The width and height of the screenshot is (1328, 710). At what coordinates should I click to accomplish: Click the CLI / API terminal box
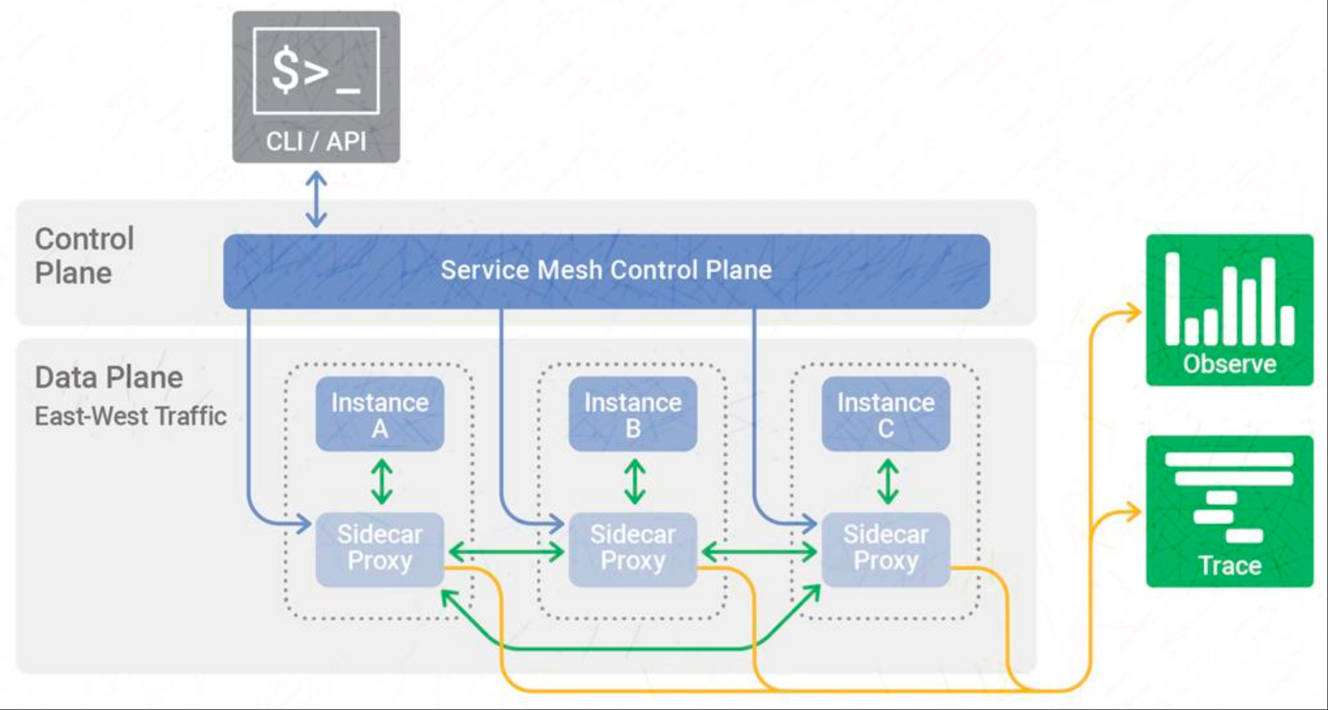[x=316, y=87]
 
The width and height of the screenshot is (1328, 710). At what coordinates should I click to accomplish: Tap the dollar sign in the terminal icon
[x=286, y=70]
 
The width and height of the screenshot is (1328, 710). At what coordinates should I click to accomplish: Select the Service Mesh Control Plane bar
[x=607, y=271]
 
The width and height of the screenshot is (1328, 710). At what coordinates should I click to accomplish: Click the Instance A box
[x=380, y=414]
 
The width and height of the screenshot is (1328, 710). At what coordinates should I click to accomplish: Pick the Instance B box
[x=633, y=414]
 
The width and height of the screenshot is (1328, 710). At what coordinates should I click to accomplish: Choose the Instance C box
[x=886, y=414]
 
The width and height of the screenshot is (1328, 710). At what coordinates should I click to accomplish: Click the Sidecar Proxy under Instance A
[x=380, y=549]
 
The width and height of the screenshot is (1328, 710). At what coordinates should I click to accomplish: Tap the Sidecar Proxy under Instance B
[x=633, y=549]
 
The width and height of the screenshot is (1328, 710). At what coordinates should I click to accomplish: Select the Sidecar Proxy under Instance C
[x=886, y=549]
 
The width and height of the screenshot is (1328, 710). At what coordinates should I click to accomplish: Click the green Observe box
[x=1230, y=310]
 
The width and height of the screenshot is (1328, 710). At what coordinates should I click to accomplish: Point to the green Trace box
[x=1230, y=511]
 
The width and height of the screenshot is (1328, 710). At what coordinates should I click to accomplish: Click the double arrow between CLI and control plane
[x=316, y=199]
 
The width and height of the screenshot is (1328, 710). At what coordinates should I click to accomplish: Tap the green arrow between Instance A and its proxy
[x=382, y=482]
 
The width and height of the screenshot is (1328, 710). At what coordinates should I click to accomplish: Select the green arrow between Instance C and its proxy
[x=888, y=482]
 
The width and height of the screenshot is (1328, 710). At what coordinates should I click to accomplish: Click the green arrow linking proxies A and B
[x=506, y=553]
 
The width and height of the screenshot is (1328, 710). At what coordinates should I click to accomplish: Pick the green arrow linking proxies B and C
[x=759, y=553]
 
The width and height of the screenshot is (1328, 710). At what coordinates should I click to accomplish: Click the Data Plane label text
[x=109, y=378]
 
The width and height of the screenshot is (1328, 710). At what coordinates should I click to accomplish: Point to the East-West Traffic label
[x=130, y=416]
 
